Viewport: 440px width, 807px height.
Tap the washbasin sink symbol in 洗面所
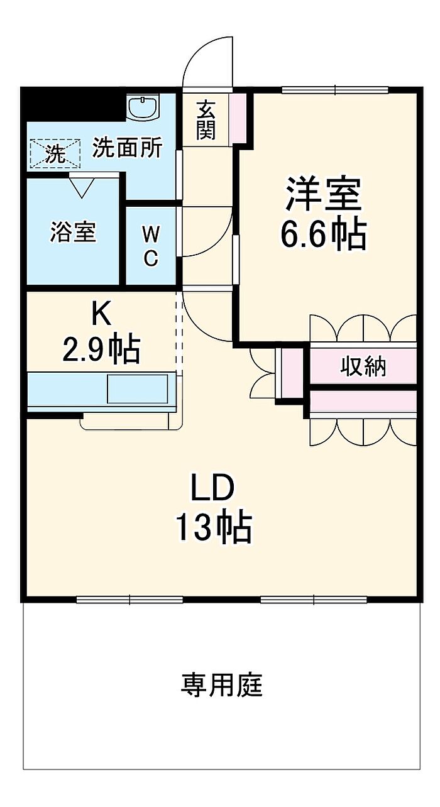145,107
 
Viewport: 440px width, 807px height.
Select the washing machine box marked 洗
56,153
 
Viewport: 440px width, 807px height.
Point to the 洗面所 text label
128,148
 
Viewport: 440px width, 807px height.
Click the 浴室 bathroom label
74,232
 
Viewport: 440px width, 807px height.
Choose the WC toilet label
151,246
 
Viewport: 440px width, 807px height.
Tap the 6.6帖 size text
324,234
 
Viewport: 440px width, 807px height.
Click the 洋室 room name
324,194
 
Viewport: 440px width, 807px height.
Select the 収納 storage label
363,366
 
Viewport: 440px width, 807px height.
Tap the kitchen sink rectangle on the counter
138,388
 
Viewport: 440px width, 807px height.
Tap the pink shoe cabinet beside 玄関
238,118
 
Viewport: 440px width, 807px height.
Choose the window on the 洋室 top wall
335,90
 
